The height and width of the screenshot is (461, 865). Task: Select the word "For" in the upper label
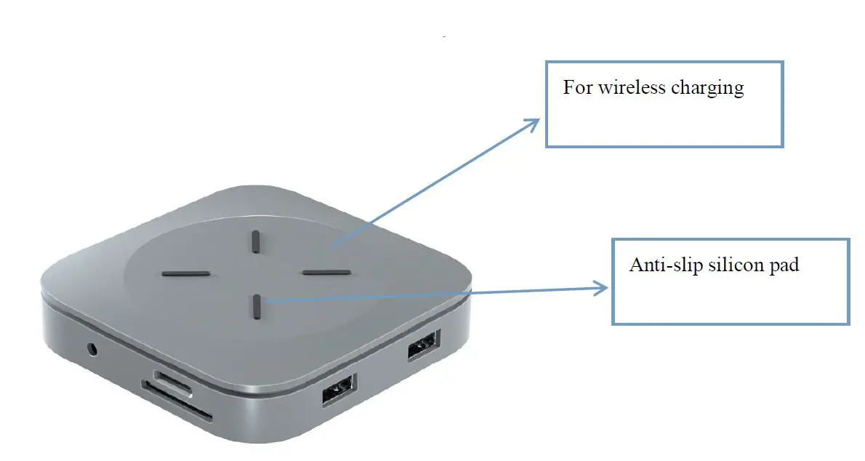578,89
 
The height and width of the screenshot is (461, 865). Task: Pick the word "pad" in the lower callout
784,266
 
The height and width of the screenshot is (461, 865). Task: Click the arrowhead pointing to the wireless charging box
534,122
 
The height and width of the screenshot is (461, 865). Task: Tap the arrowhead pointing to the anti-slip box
602,288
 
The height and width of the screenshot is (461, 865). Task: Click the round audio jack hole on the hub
92,349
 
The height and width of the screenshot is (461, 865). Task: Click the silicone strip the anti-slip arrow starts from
257,306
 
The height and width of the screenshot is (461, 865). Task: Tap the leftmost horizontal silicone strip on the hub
186,274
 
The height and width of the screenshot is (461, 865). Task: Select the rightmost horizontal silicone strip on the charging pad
326,273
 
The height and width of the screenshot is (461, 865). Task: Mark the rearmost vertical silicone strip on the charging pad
256,241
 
